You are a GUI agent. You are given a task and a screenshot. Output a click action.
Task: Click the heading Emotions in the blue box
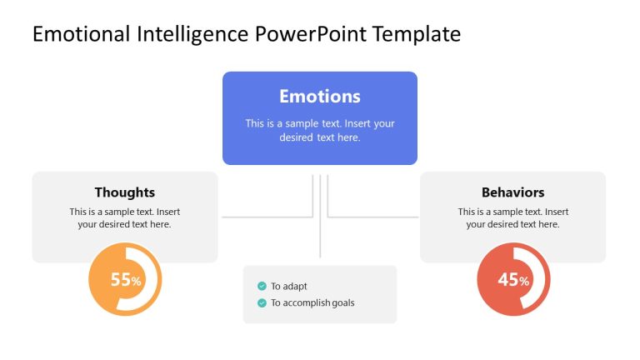click(x=319, y=96)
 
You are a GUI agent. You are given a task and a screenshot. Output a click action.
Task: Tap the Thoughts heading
click(x=124, y=192)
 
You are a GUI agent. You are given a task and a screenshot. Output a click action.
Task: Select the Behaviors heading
click(x=512, y=192)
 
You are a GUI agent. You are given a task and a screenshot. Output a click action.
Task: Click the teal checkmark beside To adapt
click(x=262, y=286)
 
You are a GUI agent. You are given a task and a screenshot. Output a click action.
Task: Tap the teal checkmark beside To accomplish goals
click(x=262, y=302)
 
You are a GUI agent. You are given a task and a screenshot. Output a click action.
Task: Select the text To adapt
click(x=288, y=286)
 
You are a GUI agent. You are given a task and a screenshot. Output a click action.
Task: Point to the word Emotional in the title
click(x=82, y=34)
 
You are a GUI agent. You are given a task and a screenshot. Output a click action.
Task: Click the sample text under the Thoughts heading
click(x=124, y=217)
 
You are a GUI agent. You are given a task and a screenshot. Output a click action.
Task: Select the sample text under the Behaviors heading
click(x=512, y=217)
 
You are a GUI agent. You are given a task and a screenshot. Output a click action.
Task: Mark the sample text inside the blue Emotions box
click(x=319, y=130)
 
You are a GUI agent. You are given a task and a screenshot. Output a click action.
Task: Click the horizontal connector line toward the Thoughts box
click(x=267, y=217)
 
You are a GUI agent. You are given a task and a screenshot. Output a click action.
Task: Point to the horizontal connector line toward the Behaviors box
click(x=372, y=217)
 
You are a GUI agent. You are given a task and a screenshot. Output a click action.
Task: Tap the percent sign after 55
click(x=136, y=282)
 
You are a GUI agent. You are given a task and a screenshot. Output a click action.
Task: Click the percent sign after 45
click(x=524, y=282)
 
